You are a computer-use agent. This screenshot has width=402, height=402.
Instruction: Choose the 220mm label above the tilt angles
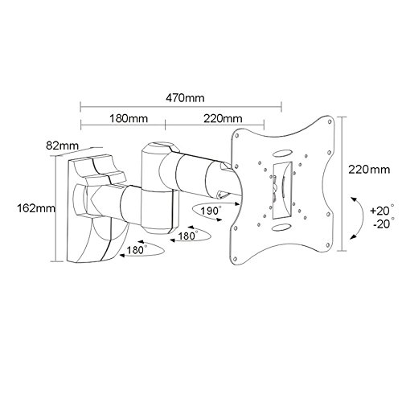pyautogui.click(x=371, y=170)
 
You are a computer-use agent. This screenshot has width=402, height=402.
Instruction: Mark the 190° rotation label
pyautogui.click(x=210, y=211)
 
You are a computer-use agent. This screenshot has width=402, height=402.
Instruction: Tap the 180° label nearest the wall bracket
pyautogui.click(x=136, y=252)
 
